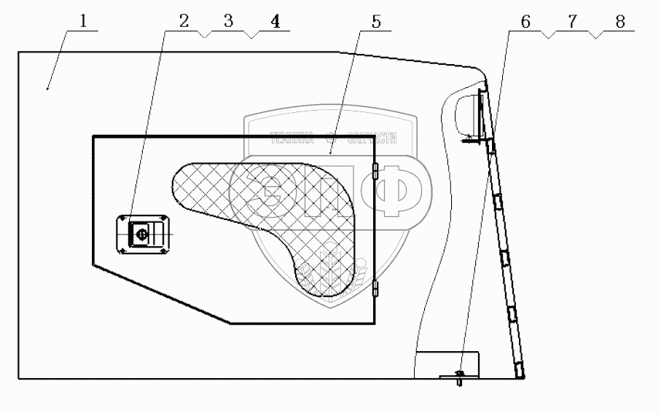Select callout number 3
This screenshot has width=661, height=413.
pos(228,21)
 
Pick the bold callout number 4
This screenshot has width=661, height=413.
pos(274,21)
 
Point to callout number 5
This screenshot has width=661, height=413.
pos(375,21)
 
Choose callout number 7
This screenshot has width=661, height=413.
pos(572,21)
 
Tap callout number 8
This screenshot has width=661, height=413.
pos(619,21)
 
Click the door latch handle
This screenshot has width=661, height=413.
pos(143,235)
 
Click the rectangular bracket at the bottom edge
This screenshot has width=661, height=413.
pos(446,363)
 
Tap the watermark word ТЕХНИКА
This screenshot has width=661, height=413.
pos(292,137)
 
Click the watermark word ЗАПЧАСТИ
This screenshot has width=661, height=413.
pos(372,137)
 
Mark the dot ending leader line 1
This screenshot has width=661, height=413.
pos(48,89)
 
